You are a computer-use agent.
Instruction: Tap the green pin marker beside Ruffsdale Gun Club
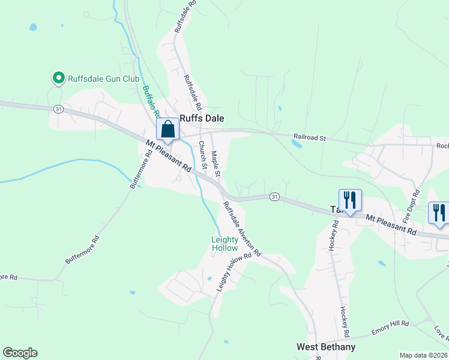59,78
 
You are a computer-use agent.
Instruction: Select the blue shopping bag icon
168,129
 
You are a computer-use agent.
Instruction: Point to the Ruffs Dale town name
202,119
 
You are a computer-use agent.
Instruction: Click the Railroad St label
309,138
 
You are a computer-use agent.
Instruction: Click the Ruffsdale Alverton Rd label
242,229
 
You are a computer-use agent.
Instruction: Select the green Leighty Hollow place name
224,244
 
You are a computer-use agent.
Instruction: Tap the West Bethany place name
326,347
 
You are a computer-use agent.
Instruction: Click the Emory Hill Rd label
390,324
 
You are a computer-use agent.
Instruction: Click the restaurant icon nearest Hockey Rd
349,200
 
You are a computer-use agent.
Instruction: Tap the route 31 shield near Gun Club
58,109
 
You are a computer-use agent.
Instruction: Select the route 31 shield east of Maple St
274,196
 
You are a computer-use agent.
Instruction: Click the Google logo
20,353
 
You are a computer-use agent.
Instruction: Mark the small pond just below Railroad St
297,144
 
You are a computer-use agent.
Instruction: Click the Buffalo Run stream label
150,101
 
